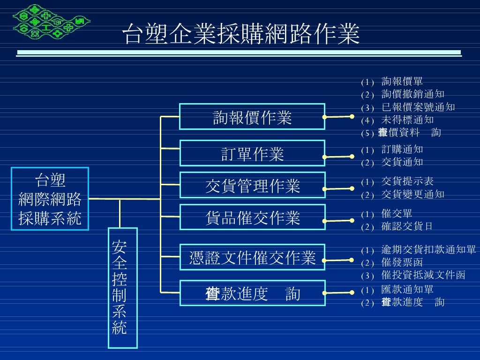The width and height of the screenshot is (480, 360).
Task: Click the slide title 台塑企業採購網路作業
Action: [x=240, y=35]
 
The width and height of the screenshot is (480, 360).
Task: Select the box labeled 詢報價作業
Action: [x=252, y=117]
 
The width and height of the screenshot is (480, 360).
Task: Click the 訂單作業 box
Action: [x=252, y=153]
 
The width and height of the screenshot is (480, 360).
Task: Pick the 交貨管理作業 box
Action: [x=252, y=186]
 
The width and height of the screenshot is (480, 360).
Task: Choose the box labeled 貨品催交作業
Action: [x=252, y=217]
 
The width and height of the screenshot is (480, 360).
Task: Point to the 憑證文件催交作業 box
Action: [x=252, y=257]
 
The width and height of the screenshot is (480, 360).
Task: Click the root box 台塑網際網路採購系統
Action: [x=50, y=199]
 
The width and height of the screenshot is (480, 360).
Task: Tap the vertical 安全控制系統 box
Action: [x=122, y=288]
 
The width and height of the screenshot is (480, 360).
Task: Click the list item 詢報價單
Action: [x=402, y=82]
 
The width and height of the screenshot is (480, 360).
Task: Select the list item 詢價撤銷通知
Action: [x=412, y=95]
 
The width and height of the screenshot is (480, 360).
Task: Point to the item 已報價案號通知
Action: [x=418, y=107]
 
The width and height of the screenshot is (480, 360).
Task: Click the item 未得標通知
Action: [x=407, y=120]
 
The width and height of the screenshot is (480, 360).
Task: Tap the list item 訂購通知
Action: [x=402, y=150]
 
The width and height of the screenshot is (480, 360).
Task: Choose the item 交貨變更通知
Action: [x=412, y=194]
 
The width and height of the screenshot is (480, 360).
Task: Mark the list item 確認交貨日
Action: [x=407, y=226]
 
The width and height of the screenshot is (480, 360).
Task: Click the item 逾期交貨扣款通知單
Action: [x=428, y=250]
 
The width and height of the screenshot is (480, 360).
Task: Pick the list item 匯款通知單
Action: [x=407, y=290]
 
